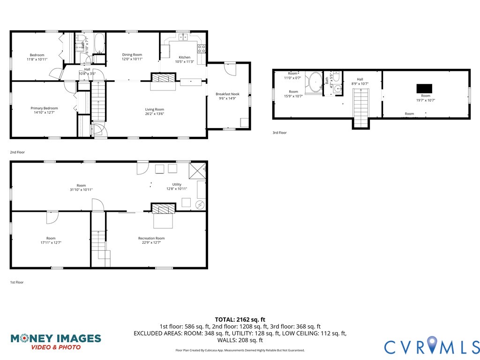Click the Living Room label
point(154,109)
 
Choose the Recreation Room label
point(151,238)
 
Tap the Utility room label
point(177,184)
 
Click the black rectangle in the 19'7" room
point(425,88)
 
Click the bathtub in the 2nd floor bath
point(99,44)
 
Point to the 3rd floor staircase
point(360,107)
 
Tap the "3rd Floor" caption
point(279,133)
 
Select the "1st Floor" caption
point(16,282)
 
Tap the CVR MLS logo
point(432,346)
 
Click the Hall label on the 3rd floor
point(360,79)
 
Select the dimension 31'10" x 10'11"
point(81,189)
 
